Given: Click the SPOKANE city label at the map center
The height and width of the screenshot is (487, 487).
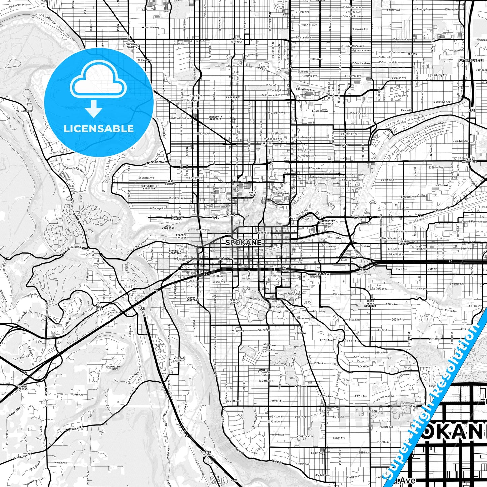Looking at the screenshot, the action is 243,242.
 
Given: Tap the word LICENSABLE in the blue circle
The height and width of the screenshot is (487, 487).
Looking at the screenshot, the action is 99,129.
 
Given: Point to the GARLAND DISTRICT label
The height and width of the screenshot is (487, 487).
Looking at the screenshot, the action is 237,40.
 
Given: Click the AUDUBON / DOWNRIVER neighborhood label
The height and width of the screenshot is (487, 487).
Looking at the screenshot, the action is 133,46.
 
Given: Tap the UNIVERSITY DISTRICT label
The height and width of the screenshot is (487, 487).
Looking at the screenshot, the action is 327,222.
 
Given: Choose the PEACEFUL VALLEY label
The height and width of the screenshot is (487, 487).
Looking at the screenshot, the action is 182,236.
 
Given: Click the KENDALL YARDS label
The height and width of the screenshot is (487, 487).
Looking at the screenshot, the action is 178,218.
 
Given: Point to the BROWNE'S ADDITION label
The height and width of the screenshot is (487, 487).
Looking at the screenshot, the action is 175,252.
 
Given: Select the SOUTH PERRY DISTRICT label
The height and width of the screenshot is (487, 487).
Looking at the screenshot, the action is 370,304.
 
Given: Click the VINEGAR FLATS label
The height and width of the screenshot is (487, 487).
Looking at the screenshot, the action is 179,359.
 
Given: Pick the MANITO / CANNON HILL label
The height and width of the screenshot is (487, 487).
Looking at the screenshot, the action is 264,372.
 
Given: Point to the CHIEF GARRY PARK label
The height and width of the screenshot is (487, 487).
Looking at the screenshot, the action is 471,160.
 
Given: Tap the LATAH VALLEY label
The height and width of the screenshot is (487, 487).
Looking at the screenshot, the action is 207,453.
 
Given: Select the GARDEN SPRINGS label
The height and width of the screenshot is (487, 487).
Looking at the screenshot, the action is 22,388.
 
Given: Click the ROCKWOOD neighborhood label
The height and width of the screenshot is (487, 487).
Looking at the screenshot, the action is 364,366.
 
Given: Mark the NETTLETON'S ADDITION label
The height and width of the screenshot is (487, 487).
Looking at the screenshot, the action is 149,187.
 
